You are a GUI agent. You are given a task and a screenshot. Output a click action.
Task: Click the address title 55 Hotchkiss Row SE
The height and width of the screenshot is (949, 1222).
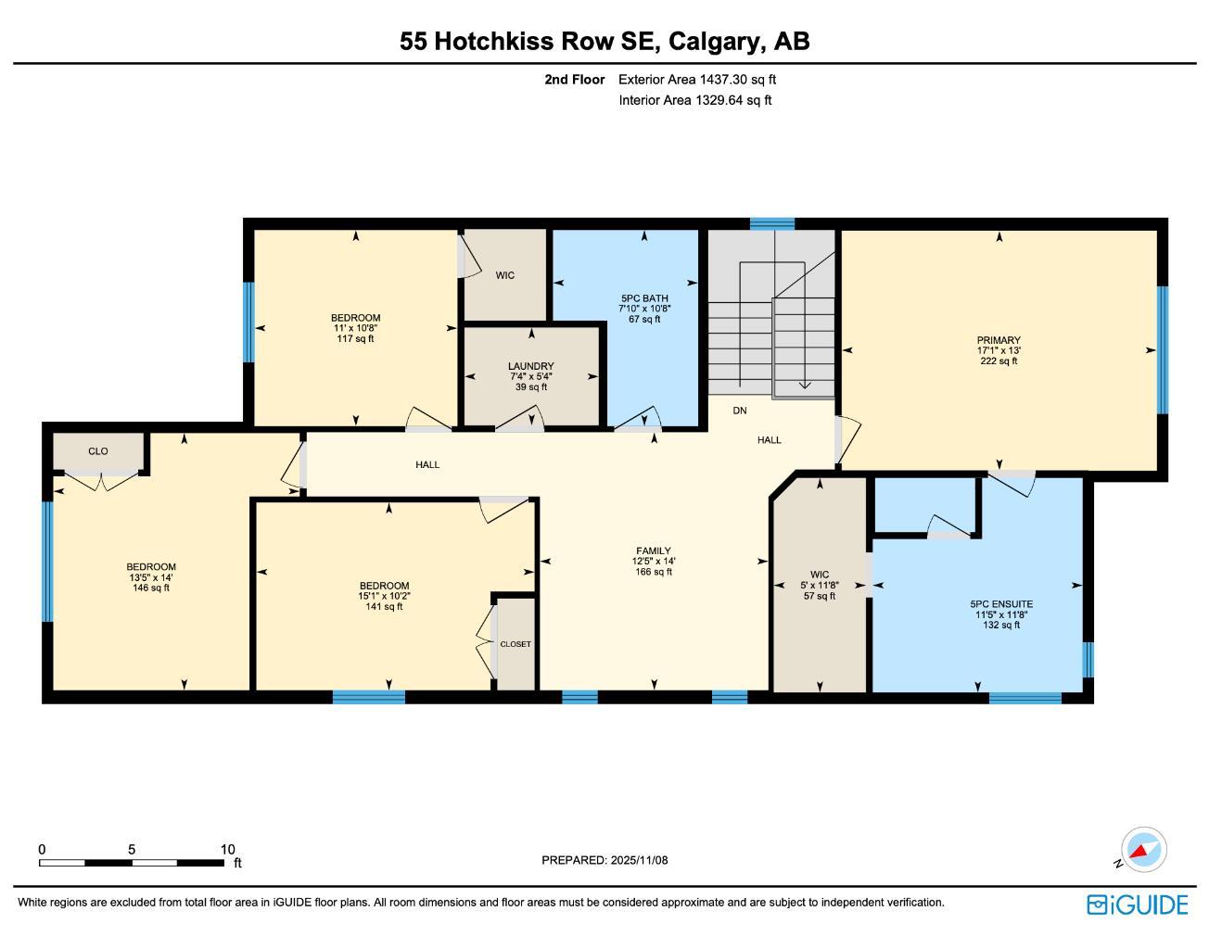pyautogui.click(x=605, y=42)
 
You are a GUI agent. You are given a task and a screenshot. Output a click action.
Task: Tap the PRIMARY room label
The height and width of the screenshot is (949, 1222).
pyautogui.click(x=998, y=340)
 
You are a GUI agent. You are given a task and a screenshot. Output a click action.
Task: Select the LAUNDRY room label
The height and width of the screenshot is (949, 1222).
pyautogui.click(x=530, y=366)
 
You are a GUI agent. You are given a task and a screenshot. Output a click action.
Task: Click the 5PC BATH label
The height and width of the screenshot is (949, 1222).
pyautogui.click(x=644, y=298)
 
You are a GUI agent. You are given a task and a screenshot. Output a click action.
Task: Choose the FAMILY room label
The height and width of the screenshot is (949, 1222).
pyautogui.click(x=653, y=550)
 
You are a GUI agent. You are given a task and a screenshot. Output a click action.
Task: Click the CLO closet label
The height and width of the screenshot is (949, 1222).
pyautogui.click(x=98, y=451)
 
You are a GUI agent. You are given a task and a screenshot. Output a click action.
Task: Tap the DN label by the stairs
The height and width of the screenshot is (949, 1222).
pyautogui.click(x=739, y=411)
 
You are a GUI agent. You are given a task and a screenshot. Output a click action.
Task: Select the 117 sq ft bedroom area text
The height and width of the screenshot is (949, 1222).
pyautogui.click(x=355, y=339)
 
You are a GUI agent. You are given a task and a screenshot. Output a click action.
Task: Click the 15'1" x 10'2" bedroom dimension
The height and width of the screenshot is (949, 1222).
pyautogui.click(x=384, y=596)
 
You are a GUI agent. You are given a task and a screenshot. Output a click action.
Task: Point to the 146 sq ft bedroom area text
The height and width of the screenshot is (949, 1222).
pyautogui.click(x=151, y=588)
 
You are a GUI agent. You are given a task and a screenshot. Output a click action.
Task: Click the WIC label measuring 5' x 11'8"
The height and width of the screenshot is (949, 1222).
pyautogui.click(x=819, y=575)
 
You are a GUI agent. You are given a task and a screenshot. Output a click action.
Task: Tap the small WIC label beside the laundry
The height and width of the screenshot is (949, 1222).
pyautogui.click(x=504, y=275)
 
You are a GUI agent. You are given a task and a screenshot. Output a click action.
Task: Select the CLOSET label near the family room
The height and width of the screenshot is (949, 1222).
pyautogui.click(x=516, y=644)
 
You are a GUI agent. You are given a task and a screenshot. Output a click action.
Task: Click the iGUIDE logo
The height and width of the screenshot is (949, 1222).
pyautogui.click(x=1137, y=905)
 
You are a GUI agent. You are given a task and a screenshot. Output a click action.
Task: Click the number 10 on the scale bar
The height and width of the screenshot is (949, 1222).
pyautogui.click(x=228, y=849)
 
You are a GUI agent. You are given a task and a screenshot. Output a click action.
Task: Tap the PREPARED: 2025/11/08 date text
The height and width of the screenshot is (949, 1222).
pyautogui.click(x=605, y=860)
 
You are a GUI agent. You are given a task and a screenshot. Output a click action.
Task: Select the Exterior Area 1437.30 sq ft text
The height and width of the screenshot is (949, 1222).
pyautogui.click(x=696, y=80)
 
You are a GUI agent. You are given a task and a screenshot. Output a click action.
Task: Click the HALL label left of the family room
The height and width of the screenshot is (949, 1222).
pyautogui.click(x=427, y=464)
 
